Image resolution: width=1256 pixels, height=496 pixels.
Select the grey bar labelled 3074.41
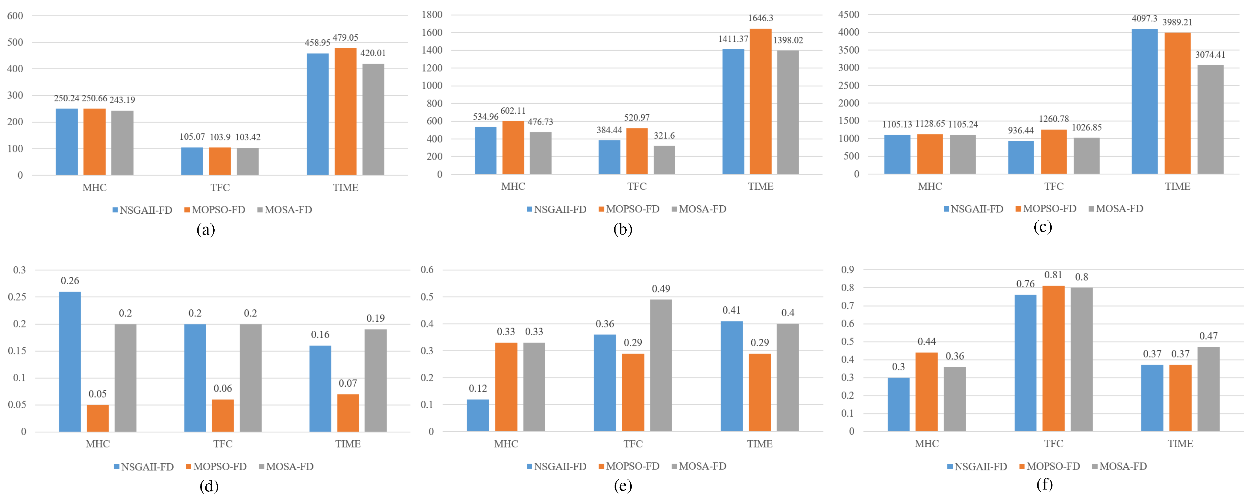click(1210, 119)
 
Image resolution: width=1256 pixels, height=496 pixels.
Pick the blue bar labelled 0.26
click(70, 361)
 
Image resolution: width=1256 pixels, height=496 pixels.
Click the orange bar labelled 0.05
click(98, 418)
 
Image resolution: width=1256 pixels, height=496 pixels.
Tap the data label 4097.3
click(1144, 18)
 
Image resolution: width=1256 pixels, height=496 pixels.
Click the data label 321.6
click(664, 135)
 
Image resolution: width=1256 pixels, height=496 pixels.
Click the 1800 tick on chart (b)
click(432, 15)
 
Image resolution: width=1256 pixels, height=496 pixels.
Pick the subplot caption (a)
click(205, 229)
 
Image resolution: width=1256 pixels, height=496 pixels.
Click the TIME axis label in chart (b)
click(760, 186)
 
